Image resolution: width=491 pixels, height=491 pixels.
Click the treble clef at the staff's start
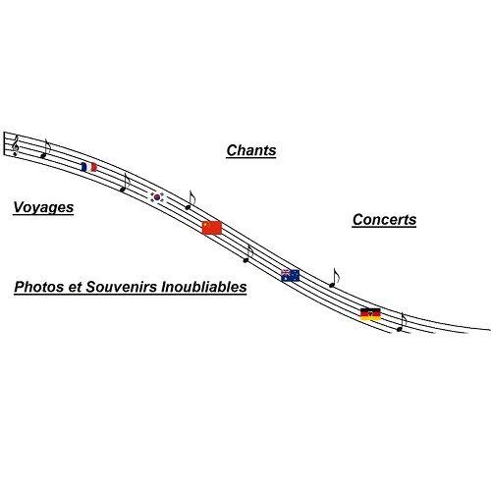tap(15, 146)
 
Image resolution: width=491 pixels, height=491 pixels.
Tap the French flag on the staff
tap(88, 167)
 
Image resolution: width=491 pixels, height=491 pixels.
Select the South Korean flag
tap(158, 197)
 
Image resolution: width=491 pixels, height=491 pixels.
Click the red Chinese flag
tap(212, 228)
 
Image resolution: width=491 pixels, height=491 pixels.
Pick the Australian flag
tap(291, 275)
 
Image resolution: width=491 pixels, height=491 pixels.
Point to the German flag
tap(370, 314)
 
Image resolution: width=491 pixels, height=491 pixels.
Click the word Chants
tap(251, 150)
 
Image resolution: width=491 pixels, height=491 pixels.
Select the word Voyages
tap(43, 207)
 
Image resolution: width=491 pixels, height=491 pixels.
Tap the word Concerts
tap(384, 220)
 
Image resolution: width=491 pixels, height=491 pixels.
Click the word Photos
tap(39, 287)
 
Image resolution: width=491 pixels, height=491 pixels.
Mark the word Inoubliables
tap(204, 287)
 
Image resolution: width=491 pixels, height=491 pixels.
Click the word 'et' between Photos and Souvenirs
tap(75, 288)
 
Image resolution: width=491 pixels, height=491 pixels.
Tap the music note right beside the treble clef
tap(45, 148)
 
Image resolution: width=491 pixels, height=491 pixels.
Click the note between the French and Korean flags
tap(125, 183)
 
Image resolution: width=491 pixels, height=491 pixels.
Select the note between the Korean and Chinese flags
tap(190, 200)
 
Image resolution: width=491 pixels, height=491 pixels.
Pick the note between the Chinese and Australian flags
tap(248, 253)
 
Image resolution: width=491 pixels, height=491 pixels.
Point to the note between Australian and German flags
tap(334, 278)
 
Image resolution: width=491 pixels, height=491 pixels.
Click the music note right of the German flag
tap(402, 322)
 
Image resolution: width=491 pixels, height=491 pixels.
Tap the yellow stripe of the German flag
tap(370, 318)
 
